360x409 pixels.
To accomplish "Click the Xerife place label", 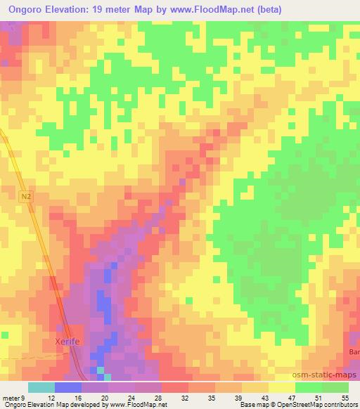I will pos(70,342).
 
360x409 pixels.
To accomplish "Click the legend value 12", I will pos(52,398).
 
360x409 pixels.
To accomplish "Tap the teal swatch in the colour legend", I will pos(41,387).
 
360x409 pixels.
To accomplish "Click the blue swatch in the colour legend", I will pos(68,387).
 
